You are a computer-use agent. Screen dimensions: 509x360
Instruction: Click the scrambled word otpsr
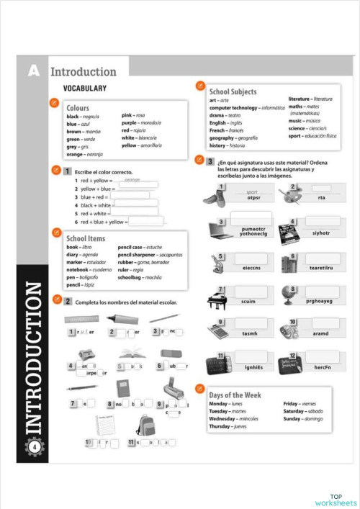253,198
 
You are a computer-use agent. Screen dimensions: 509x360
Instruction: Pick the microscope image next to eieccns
217,263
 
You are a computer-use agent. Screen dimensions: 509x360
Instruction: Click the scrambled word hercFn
322,368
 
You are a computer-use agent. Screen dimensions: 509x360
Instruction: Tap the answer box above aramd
322,322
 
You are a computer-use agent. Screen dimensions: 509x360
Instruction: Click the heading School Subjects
232,91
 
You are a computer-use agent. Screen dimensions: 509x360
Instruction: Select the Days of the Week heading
235,395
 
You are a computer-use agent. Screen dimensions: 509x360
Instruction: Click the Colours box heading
77,108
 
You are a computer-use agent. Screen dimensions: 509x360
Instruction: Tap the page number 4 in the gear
35,447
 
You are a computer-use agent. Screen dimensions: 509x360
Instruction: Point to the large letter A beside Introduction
33,71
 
